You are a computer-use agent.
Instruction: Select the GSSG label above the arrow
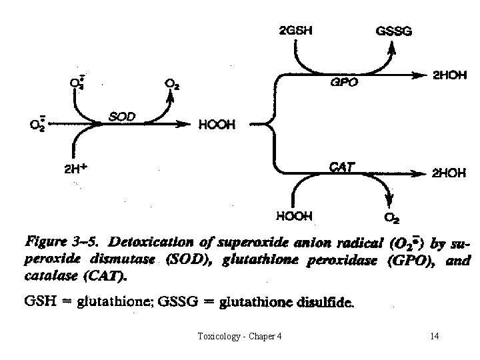click(395, 30)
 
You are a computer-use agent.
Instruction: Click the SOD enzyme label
click(122, 117)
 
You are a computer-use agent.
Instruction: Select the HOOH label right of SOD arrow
click(217, 125)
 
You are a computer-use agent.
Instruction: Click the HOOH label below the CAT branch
click(293, 216)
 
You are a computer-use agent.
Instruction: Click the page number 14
click(435, 336)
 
